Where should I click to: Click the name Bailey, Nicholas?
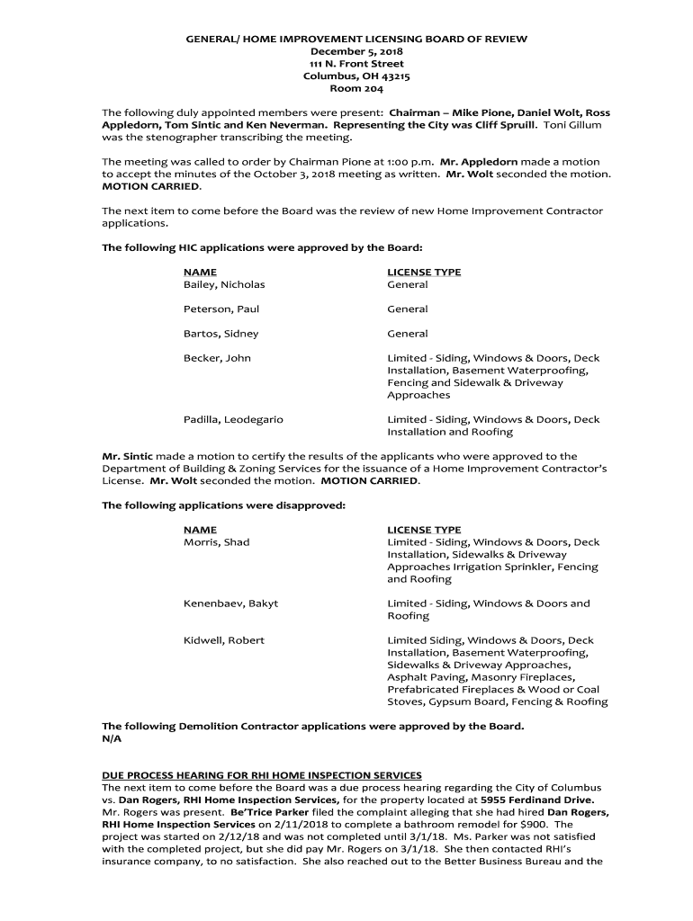click(x=224, y=284)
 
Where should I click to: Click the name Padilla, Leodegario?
click(x=233, y=419)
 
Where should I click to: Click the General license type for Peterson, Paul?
click(x=408, y=308)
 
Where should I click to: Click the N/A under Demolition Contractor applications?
click(x=112, y=738)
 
